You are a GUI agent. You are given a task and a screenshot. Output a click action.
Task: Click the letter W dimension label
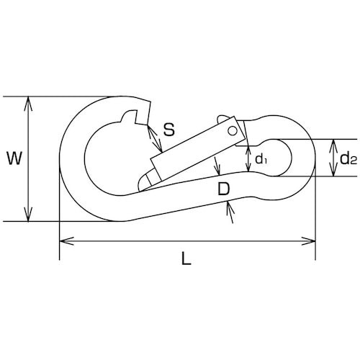[x=14, y=158]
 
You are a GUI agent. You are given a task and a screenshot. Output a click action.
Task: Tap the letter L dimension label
[x=186, y=258]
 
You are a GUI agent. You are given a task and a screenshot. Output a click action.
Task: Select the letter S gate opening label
[x=169, y=129]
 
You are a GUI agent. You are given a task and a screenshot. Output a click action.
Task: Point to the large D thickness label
[x=224, y=189]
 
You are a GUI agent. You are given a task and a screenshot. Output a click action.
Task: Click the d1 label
[x=261, y=159]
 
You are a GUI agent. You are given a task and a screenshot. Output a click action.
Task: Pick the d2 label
[x=348, y=158]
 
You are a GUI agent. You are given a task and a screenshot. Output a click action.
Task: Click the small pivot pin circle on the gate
[x=233, y=131]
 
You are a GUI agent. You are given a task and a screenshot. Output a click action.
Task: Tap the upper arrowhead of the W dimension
[x=28, y=104]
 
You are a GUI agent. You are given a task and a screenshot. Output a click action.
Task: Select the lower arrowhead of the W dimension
[x=28, y=214]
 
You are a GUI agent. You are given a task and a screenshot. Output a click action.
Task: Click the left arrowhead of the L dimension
[x=66, y=240]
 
